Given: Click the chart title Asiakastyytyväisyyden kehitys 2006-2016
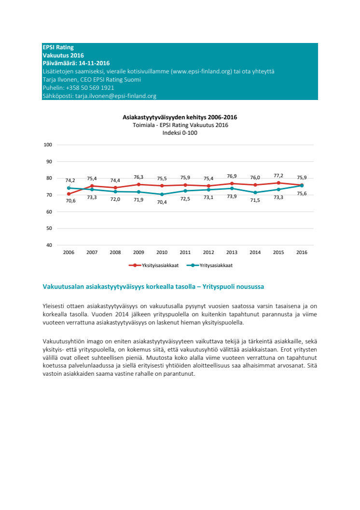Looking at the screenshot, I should coord(180,117).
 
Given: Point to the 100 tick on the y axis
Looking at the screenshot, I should coord(48,145).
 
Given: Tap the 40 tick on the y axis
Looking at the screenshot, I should coord(49,245).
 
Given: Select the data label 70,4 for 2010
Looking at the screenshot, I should coord(162,202).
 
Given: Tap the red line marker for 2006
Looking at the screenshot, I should coord(69,194).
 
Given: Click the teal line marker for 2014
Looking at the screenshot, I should coord(255,192).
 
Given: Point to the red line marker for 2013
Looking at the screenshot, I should coord(232,184).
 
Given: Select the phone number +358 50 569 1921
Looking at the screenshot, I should coord(90,88).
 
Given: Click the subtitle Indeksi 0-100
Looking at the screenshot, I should coord(180,133).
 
